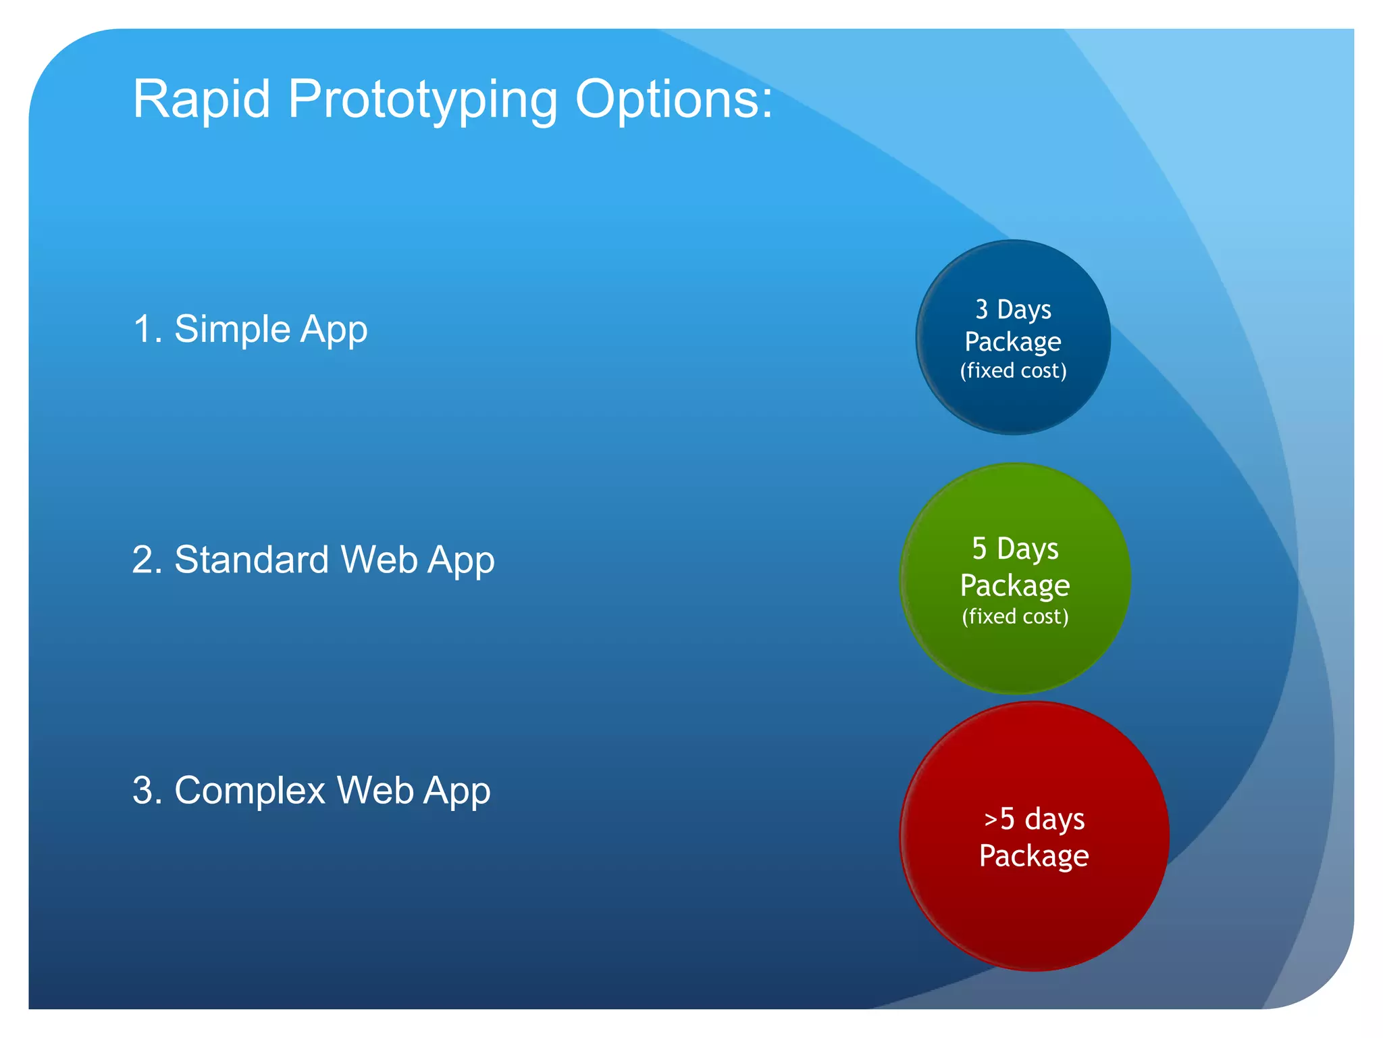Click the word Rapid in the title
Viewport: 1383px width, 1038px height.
coord(201,99)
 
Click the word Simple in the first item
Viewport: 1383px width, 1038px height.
coord(232,330)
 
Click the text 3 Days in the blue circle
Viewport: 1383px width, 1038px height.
coord(1013,310)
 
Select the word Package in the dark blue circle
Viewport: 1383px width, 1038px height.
coord(1013,342)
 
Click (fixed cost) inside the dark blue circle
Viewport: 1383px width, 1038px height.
coord(1013,370)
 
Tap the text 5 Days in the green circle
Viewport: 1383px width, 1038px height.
coord(1015,548)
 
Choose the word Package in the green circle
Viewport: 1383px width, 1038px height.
coord(1015,585)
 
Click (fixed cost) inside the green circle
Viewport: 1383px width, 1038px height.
coord(1015,616)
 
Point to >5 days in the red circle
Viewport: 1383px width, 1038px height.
coord(1034,818)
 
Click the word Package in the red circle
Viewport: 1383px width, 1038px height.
coord(1034,856)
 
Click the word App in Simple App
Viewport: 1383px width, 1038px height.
coord(334,330)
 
